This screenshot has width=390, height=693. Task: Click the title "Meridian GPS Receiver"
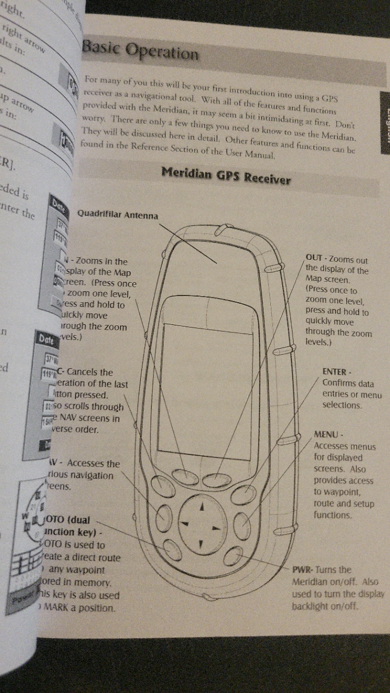[226, 175]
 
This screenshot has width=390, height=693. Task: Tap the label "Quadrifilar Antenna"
[118, 215]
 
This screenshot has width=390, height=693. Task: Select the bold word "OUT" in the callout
[314, 258]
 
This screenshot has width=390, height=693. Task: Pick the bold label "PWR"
[301, 570]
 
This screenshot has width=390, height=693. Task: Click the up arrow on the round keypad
[202, 507]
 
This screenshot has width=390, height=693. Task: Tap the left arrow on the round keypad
[184, 524]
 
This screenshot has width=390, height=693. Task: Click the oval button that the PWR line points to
[233, 557]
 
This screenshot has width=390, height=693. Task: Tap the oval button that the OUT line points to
[217, 480]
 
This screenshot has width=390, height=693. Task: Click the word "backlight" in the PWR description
[310, 605]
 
